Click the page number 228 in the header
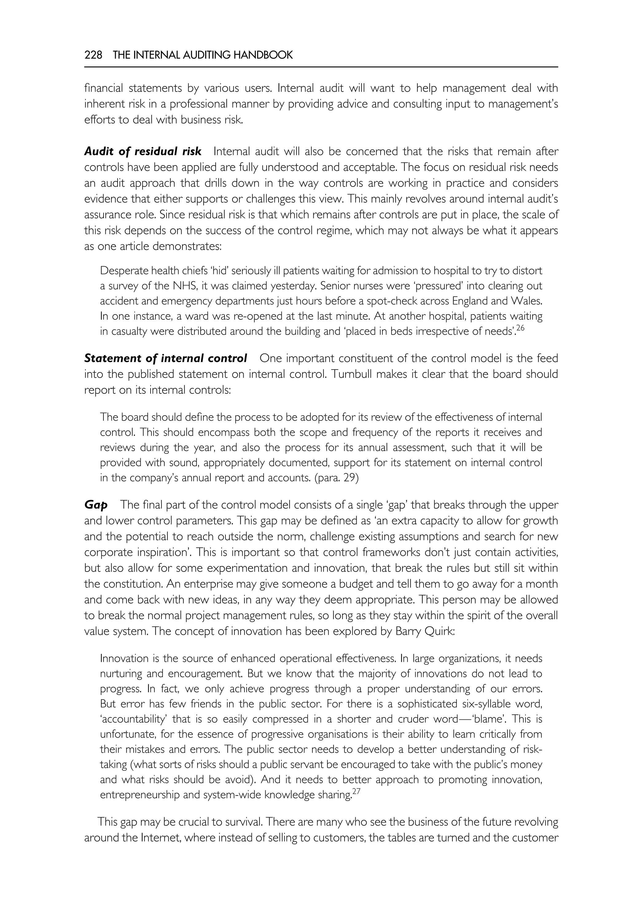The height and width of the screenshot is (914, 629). (93, 55)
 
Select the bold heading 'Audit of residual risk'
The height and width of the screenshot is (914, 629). (143, 151)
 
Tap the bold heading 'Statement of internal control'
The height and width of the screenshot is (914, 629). (166, 358)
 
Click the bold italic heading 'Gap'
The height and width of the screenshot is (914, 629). (96, 505)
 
